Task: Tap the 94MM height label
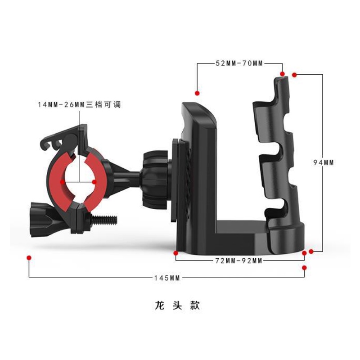pos(323,162)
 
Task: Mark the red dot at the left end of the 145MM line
pos(29,258)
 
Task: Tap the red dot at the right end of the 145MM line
pos(304,268)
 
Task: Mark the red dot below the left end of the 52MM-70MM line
pos(197,93)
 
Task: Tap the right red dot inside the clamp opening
pos(94,182)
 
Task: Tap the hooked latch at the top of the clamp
pos(58,138)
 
